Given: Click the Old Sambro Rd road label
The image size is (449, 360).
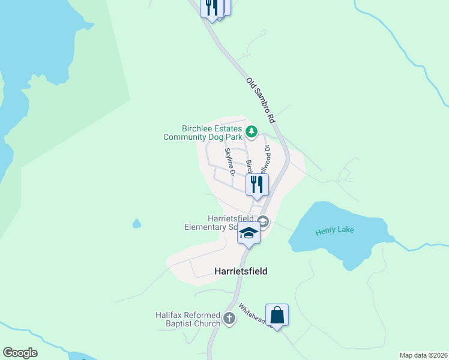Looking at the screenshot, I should pos(260,100).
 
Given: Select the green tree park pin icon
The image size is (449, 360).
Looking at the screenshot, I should pos(252,131).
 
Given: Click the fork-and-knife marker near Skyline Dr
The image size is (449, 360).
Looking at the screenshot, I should pos(257,185).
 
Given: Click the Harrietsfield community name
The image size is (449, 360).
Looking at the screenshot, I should pos(240,271).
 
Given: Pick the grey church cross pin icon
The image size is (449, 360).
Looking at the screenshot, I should pos(229,319).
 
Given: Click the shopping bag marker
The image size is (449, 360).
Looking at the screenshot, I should pos(277,314).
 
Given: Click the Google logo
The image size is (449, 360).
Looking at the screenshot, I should pos(20,353).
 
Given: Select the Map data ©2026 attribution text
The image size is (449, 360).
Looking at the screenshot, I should pos(423,355).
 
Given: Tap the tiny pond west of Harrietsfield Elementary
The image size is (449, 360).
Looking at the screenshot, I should pos(137,224).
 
